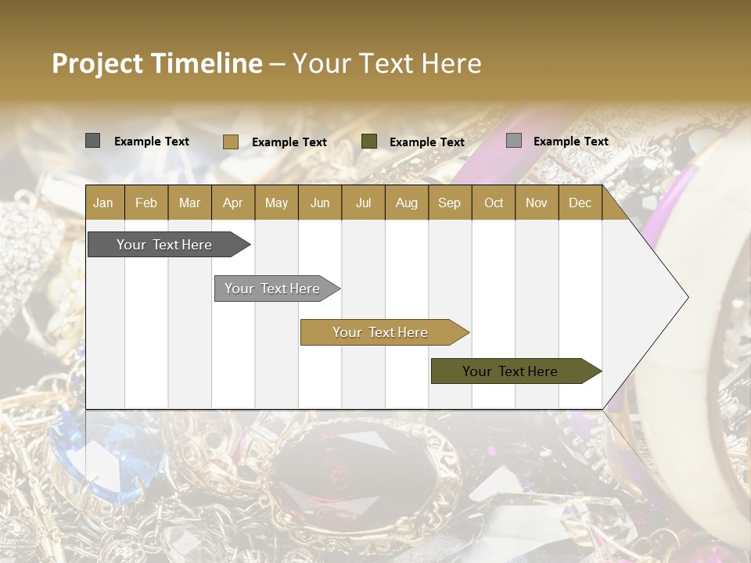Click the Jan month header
coord(103,203)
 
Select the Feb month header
coord(146,203)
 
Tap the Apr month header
coord(232,203)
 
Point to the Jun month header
coord(320,203)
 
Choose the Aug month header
coord(406,203)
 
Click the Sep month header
coord(449,203)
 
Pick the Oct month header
coord(494,203)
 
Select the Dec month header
coord(580,203)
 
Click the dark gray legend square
coord(92,141)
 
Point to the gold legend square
coord(230,142)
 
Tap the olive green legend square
coord(369,141)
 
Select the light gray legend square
coord(513,141)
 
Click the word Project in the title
coord(98,63)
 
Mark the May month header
coord(276,203)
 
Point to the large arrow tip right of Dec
coord(665,297)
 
